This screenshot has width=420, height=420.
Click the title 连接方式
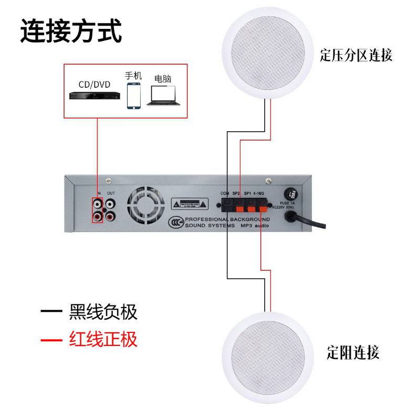click(x=71, y=31)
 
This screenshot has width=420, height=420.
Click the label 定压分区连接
click(x=356, y=55)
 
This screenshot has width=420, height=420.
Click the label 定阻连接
click(x=352, y=352)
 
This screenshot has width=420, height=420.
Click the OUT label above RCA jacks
click(x=110, y=193)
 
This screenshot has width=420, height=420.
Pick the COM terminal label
click(x=225, y=193)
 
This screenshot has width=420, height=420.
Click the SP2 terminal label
click(x=237, y=193)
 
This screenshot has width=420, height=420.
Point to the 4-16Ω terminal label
click(x=261, y=193)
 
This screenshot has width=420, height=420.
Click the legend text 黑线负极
click(x=103, y=312)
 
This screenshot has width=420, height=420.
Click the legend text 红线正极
click(x=103, y=339)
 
